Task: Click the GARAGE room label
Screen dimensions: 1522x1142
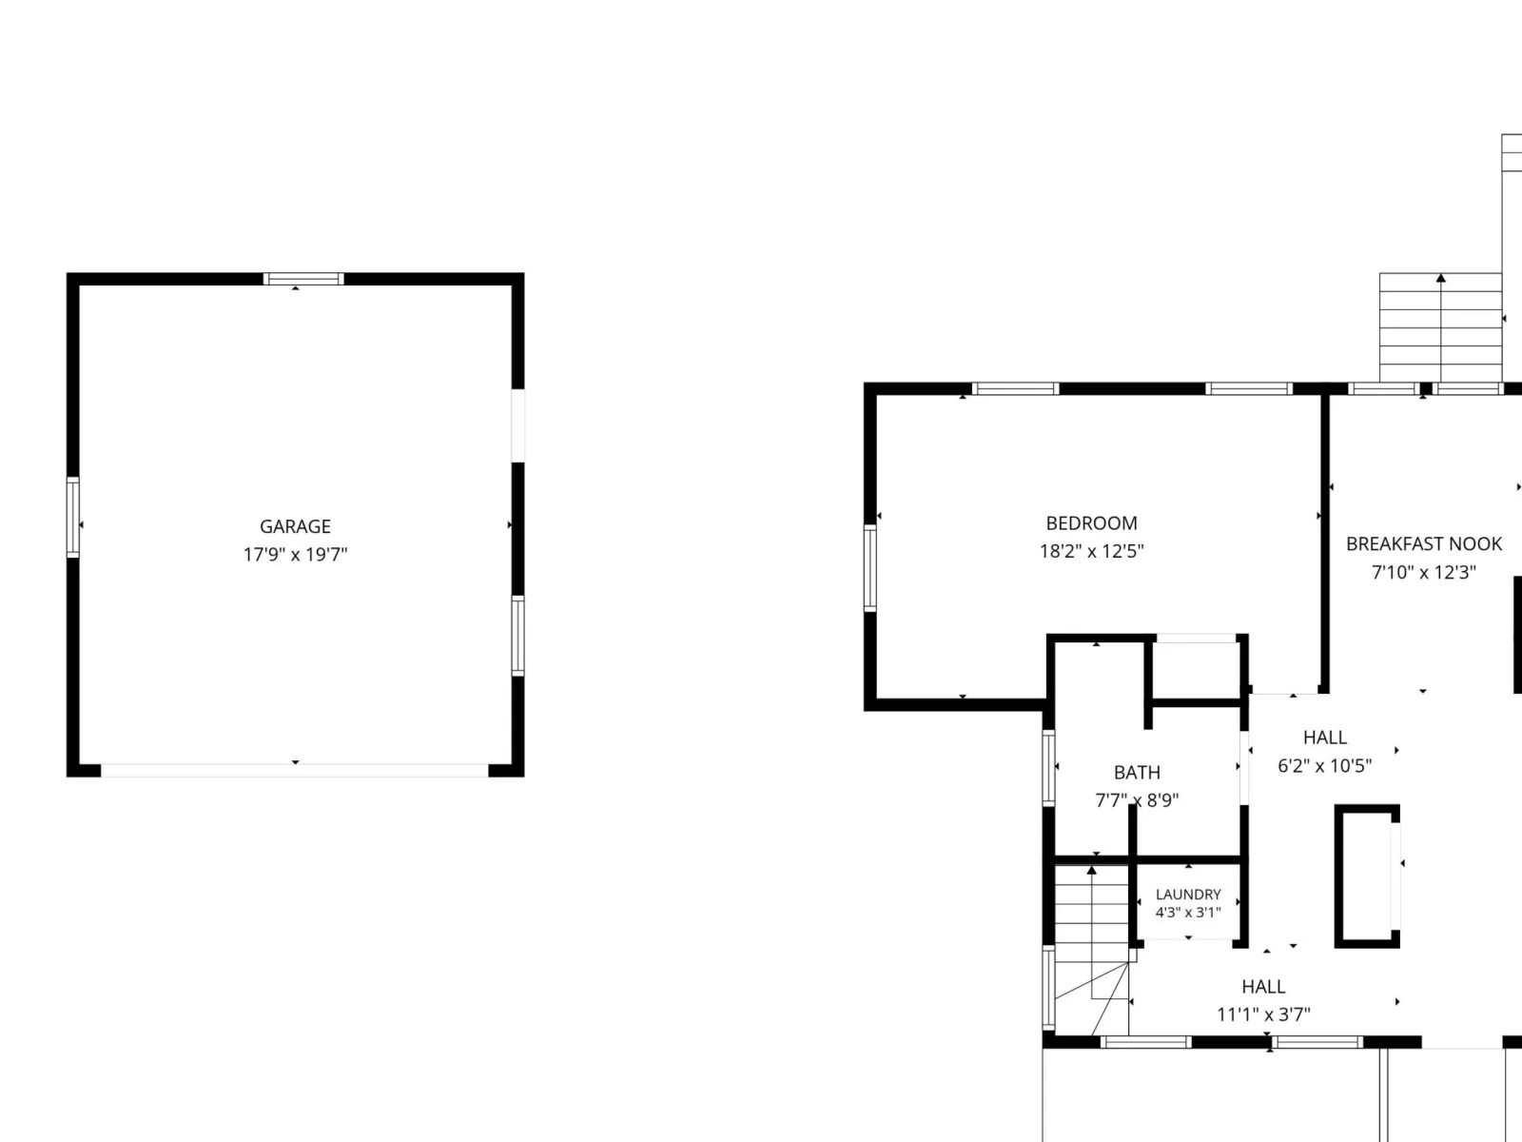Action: point(296,526)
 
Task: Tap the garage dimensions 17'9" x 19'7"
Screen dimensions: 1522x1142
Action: point(296,555)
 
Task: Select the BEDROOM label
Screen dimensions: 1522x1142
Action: point(1091,522)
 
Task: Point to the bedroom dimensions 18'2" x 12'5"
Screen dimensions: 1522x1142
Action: point(1091,551)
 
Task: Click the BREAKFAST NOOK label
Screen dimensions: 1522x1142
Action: point(1424,543)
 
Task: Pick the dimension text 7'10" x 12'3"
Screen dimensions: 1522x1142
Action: point(1424,572)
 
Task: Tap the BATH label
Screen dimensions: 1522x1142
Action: point(1137,773)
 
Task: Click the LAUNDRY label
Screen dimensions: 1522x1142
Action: point(1188,895)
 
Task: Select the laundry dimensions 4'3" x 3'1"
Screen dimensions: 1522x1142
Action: point(1188,913)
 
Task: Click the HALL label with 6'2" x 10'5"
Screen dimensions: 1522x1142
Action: point(1325,737)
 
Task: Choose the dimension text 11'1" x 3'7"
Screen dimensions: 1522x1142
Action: point(1264,1014)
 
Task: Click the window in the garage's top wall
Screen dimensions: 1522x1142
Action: point(303,279)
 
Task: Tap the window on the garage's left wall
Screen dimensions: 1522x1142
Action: point(73,518)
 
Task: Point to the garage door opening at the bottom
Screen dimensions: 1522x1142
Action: point(295,770)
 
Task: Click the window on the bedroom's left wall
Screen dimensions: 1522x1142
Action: point(870,568)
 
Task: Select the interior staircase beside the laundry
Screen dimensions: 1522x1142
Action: point(1092,950)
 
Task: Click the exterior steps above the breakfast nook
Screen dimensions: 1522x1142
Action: point(1441,327)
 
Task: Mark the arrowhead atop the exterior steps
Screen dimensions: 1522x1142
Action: point(1441,278)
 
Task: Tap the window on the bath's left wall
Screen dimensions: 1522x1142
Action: point(1049,768)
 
